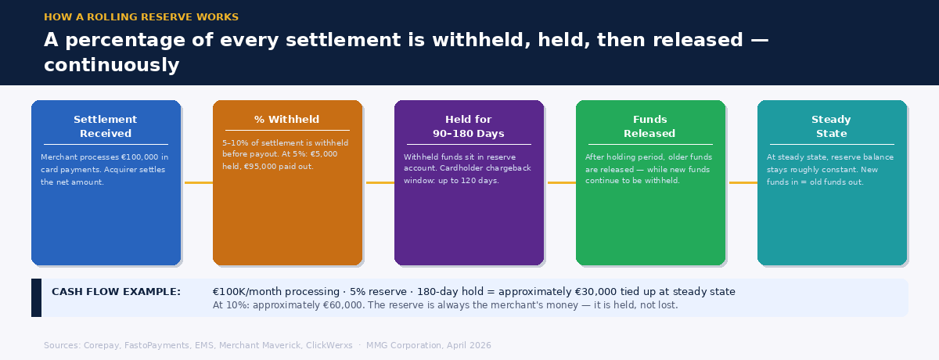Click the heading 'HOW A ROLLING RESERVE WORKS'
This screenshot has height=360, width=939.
pos(141,17)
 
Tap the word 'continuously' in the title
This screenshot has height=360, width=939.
pos(111,65)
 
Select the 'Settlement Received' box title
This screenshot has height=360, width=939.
pos(106,126)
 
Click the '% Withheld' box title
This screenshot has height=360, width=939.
pos(287,120)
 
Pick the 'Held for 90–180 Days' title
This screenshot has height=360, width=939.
pos(469,126)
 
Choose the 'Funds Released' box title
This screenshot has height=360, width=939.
pos(650,126)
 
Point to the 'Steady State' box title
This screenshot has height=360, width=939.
pos(831,126)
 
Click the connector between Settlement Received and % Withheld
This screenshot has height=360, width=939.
pos(198,182)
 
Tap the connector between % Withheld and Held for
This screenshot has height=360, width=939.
pos(380,182)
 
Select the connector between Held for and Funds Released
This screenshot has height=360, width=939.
pos(561,182)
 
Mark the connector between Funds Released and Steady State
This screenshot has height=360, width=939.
pos(743,182)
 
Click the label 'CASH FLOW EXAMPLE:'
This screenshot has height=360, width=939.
pos(116,292)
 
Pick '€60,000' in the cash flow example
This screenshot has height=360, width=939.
pos(343,305)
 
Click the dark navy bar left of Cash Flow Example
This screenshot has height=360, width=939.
pos(36,298)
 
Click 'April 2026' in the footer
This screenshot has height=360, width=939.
pos(468,345)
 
